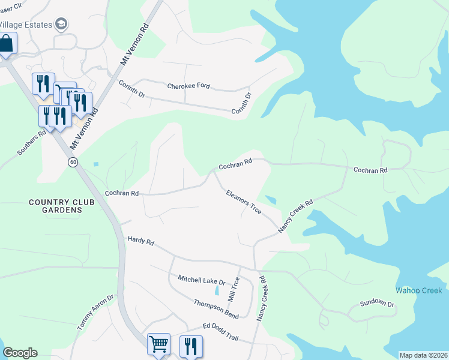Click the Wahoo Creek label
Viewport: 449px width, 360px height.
418,291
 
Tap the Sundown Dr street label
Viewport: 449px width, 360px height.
377,304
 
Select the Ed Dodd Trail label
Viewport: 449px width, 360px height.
220,332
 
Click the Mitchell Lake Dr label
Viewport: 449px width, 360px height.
201,280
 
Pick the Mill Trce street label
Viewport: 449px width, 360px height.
234,289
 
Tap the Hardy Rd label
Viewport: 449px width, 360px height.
140,241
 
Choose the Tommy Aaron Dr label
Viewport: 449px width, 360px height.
95,313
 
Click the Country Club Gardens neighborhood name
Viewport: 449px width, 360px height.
62,206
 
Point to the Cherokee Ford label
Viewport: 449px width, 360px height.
188,86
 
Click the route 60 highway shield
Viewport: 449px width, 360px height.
73,163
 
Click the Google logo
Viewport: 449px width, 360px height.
20,353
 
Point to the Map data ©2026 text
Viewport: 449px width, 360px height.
423,355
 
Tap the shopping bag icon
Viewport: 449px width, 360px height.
6,44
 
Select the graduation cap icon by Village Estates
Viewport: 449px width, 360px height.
61,24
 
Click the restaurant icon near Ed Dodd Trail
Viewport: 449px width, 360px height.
190,346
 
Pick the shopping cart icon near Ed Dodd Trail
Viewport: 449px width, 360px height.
158,344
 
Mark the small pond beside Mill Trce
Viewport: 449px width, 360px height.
216,291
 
